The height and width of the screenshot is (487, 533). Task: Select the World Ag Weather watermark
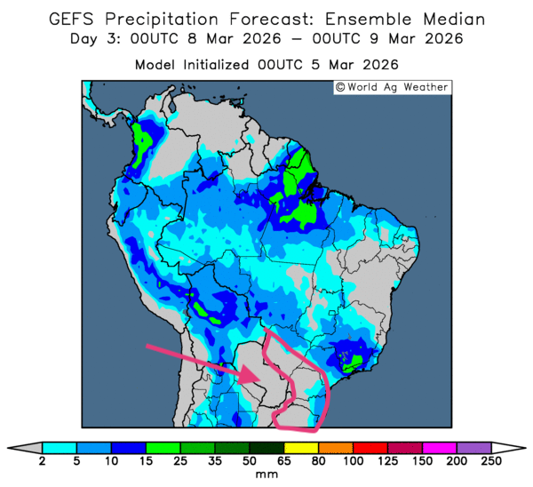(x=393, y=87)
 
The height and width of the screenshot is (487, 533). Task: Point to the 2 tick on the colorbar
(x=43, y=461)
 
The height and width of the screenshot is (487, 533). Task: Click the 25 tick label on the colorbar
(x=180, y=461)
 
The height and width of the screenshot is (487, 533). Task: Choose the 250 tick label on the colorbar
(x=490, y=461)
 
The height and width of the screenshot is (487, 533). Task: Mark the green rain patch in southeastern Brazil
(x=353, y=360)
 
